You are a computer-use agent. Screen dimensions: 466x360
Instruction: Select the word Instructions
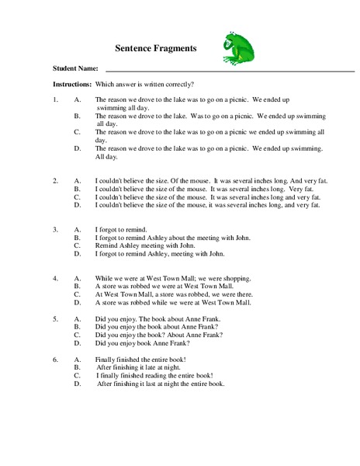(72, 83)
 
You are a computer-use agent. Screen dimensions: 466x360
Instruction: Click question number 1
(55, 100)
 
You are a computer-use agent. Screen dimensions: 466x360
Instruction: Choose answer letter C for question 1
(77, 132)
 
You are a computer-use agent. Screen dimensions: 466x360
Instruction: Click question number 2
(55, 180)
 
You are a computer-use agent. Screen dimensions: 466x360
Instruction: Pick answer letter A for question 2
(77, 180)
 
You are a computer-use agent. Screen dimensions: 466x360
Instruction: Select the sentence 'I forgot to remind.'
(122, 229)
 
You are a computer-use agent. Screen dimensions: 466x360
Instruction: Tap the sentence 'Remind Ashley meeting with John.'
(142, 245)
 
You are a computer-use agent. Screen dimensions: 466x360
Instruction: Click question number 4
(55, 277)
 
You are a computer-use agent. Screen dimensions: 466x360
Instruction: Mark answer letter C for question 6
(77, 374)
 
